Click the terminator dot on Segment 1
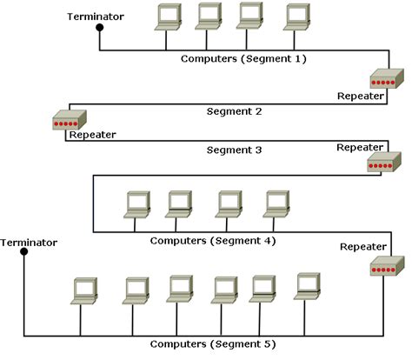pyautogui.click(x=100, y=28)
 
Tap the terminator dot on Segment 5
pyautogui.click(x=24, y=251)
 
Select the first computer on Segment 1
pyautogui.click(x=168, y=17)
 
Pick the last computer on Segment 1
pyautogui.click(x=296, y=17)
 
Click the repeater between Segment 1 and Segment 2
pyautogui.click(x=387, y=78)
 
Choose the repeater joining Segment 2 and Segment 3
pyautogui.click(x=70, y=120)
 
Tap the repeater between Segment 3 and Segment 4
pyautogui.click(x=384, y=162)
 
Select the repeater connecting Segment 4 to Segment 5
pyautogui.click(x=388, y=266)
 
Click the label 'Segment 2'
pyautogui.click(x=234, y=111)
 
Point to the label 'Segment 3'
pyautogui.click(x=234, y=150)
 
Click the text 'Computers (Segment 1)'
pyautogui.click(x=243, y=59)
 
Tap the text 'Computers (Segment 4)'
pyautogui.click(x=213, y=241)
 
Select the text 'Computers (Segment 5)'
pyautogui.click(x=213, y=344)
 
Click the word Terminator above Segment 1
pyautogui.click(x=96, y=17)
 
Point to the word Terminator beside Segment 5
pyautogui.click(x=29, y=243)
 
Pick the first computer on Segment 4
pyautogui.click(x=137, y=204)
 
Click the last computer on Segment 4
pyautogui.click(x=276, y=204)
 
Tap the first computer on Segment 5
pyautogui.click(x=84, y=291)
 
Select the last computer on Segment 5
pyautogui.click(x=307, y=286)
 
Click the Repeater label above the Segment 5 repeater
pyautogui.click(x=363, y=247)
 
